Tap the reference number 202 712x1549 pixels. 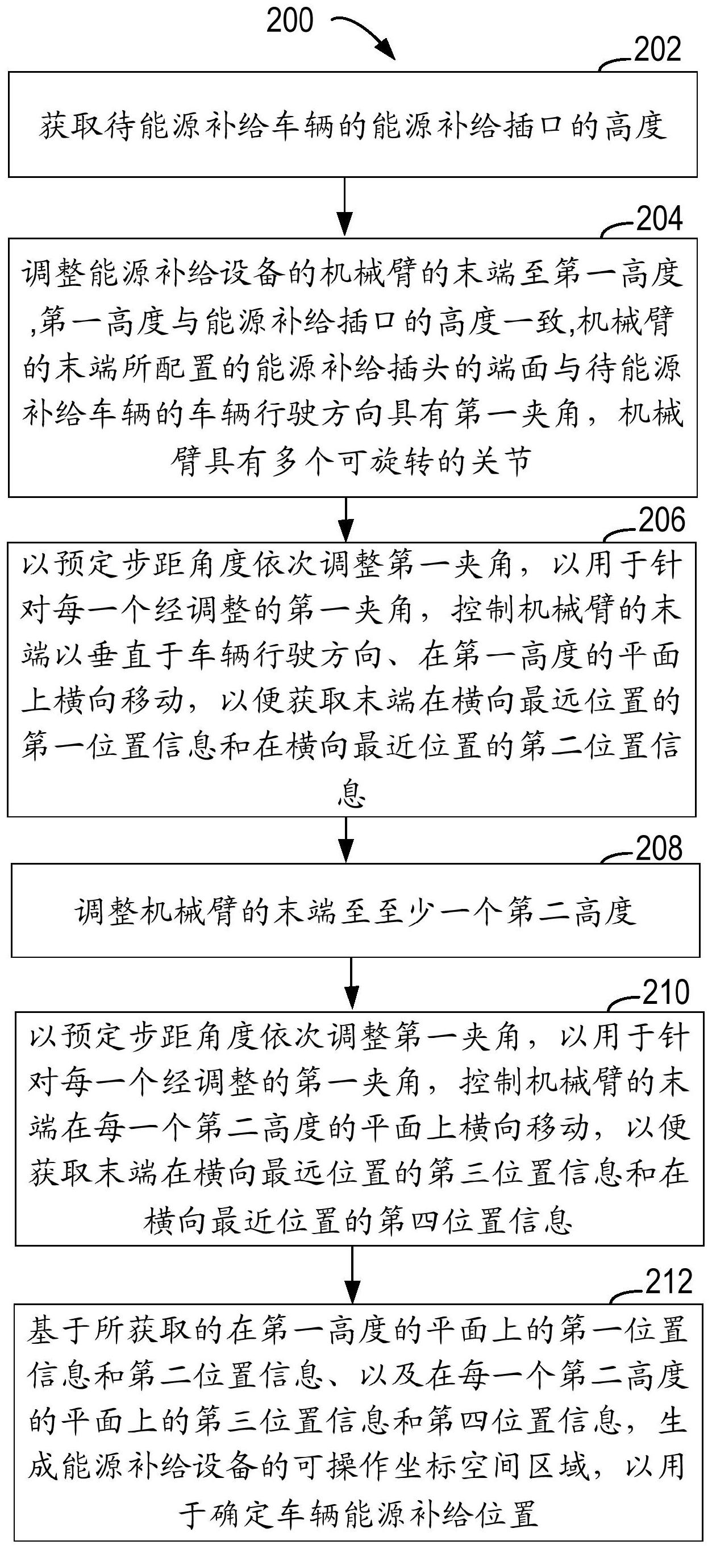[657, 49]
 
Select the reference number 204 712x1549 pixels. [659, 219]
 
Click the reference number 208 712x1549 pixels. [660, 849]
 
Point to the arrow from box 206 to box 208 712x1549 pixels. [346, 840]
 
